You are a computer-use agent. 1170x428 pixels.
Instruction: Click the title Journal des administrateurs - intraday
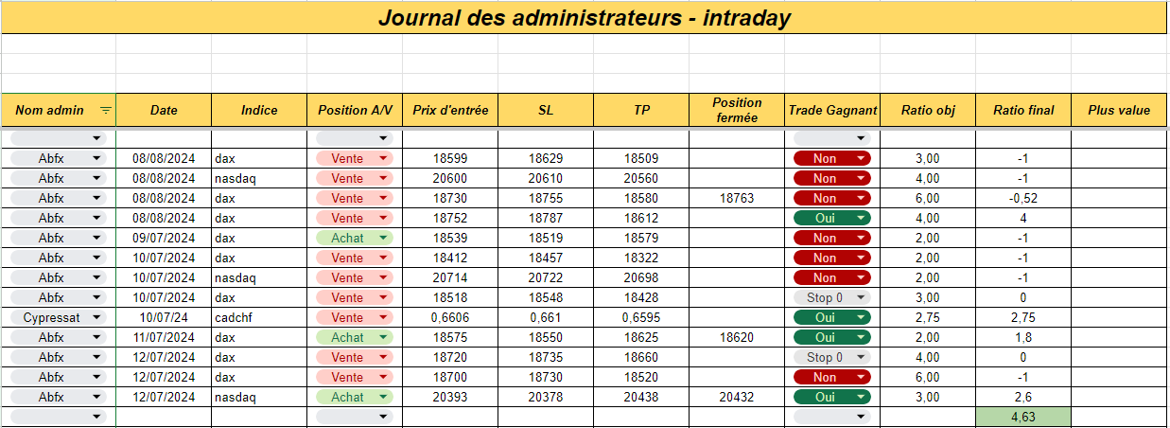click(585, 18)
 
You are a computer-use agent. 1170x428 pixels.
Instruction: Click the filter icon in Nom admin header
click(106, 110)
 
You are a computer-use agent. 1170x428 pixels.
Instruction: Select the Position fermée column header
click(737, 110)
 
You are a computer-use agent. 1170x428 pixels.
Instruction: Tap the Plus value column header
click(1119, 110)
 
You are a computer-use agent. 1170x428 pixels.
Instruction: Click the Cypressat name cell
click(51, 317)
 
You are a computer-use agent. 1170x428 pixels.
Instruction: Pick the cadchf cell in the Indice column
click(234, 317)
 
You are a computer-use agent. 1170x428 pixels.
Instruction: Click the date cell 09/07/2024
click(164, 238)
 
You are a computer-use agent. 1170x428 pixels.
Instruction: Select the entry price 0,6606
click(449, 317)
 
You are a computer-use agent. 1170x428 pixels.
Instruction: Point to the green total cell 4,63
click(1023, 417)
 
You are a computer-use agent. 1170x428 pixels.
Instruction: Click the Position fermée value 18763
click(737, 198)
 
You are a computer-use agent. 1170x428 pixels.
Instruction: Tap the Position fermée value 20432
click(737, 397)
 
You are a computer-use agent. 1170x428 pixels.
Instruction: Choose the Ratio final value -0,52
click(1023, 198)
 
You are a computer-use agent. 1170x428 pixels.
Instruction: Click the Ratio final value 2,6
click(1023, 397)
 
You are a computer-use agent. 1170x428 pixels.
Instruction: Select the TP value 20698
click(641, 277)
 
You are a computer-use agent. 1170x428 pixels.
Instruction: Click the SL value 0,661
click(546, 317)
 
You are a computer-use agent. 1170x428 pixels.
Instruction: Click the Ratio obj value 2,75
click(928, 317)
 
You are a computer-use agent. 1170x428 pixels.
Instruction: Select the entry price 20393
click(449, 397)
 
